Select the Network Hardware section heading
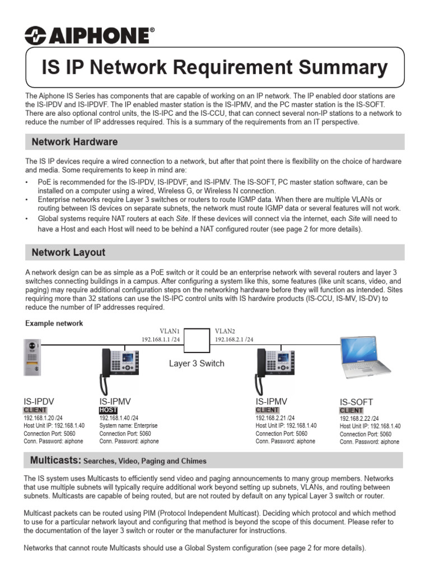coord(74,142)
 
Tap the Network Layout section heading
coord(68,252)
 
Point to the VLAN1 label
coord(169,331)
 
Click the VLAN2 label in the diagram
coord(226,331)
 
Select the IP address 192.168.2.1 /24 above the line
coord(234,339)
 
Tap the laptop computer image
coord(370,360)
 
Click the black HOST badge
coord(109,410)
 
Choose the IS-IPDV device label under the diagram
coord(39,401)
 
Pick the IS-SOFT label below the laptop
coord(356,402)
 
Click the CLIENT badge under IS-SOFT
coord(351,411)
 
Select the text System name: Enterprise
coord(128,425)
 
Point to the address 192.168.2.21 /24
coord(274,417)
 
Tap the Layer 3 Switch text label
coord(197,364)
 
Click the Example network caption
coord(54,323)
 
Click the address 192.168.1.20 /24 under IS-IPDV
coord(43,417)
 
